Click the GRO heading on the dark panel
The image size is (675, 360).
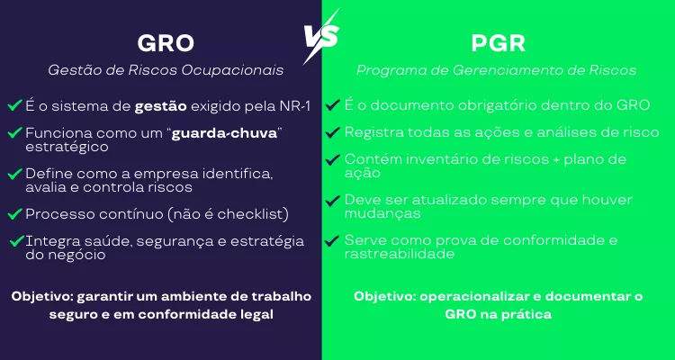click(x=166, y=42)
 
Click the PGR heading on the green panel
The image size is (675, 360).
click(x=498, y=42)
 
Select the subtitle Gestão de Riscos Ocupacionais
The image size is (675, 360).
click(x=166, y=70)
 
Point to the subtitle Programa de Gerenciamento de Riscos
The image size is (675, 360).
click(x=497, y=70)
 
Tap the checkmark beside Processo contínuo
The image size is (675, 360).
click(x=15, y=213)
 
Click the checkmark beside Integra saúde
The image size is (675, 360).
click(x=15, y=240)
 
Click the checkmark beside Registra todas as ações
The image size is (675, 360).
click(x=334, y=132)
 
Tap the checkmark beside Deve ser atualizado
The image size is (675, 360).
click(x=334, y=200)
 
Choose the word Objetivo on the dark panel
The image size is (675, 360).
click(x=41, y=296)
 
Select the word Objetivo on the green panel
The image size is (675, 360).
click(x=384, y=296)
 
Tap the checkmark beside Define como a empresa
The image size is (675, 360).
click(x=15, y=173)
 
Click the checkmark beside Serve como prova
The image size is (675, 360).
click(x=334, y=240)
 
